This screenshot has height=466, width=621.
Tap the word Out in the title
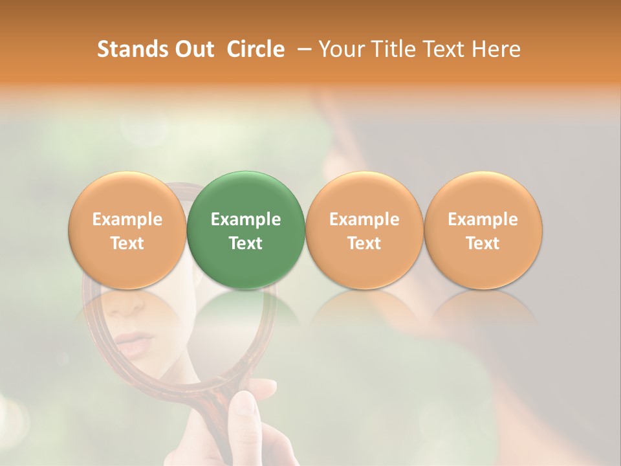(193, 49)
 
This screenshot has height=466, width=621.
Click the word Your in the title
(342, 49)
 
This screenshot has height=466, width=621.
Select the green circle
(246, 230)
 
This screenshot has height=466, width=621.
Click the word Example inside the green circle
(246, 219)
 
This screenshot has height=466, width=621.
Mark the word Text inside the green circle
(246, 243)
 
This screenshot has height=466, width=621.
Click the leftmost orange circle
(127, 230)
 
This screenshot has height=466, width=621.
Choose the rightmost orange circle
(483, 230)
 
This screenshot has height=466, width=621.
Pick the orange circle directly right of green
(364, 230)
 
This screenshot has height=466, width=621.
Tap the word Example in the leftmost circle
(127, 219)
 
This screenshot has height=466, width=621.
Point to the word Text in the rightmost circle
(483, 243)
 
